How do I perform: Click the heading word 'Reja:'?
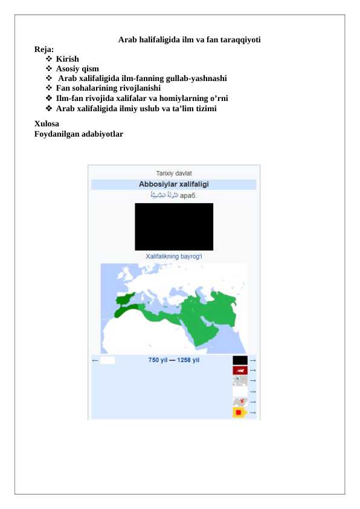44,50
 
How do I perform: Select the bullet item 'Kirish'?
67,59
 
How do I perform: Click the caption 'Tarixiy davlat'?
174,173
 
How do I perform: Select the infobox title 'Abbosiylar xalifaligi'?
174,184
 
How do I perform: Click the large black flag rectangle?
174,227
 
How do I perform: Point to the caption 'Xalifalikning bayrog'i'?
174,256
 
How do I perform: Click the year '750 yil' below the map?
158,360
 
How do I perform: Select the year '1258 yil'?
188,360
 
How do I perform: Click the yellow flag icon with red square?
239,412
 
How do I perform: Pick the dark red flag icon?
240,370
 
